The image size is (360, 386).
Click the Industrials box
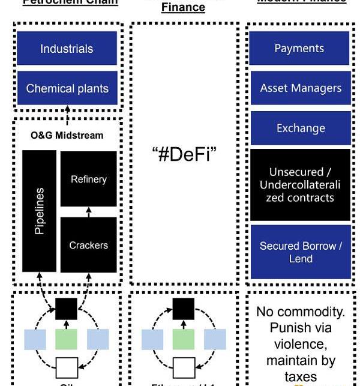67,49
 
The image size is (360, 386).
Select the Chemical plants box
67,88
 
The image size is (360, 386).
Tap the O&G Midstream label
67,135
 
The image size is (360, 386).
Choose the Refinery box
89,179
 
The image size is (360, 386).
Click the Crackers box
89,245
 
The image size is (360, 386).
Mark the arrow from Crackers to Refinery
89,212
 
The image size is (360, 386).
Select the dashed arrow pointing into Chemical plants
67,113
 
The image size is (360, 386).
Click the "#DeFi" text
184,154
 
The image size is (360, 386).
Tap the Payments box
299,49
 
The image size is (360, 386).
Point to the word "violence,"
300,345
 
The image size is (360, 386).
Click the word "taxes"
301,376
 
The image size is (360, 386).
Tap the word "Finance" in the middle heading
184,8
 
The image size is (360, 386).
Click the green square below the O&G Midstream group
66,339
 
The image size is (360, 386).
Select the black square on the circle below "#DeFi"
184,309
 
